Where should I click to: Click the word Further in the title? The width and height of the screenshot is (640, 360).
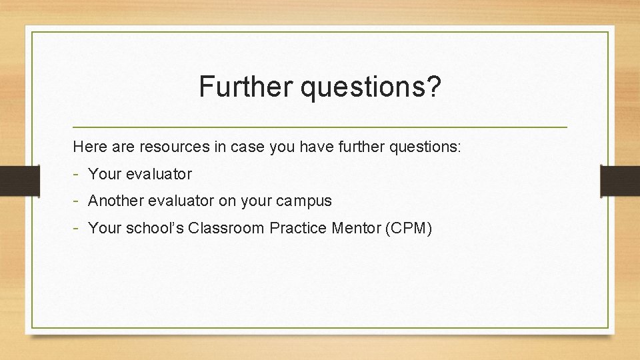tap(246, 87)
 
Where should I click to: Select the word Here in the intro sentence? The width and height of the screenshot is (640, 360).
tap(88, 147)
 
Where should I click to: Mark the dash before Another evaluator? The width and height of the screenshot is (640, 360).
tap(77, 201)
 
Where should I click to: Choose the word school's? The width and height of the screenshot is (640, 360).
tap(152, 228)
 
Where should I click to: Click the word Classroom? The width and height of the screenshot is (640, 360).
tap(226, 228)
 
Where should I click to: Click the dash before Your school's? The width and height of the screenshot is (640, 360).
tap(77, 228)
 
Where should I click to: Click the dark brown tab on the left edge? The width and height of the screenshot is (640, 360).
tap(11, 181)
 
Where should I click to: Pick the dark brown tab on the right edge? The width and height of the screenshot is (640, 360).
tap(619, 181)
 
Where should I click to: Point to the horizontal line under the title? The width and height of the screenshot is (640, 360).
tap(320, 127)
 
